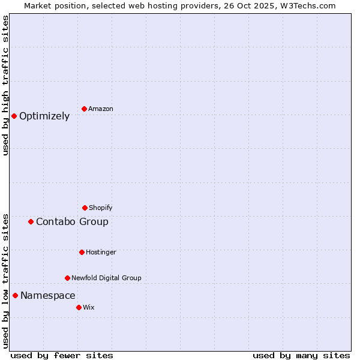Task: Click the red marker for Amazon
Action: pyautogui.click(x=84, y=109)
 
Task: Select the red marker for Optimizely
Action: pyautogui.click(x=14, y=116)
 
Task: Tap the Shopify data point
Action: pyautogui.click(x=85, y=208)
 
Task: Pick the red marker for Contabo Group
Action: pyautogui.click(x=31, y=221)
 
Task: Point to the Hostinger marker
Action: pyautogui.click(x=82, y=252)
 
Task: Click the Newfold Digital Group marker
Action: pyautogui.click(x=67, y=278)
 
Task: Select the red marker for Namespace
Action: pyautogui.click(x=15, y=295)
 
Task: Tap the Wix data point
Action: pyautogui.click(x=79, y=307)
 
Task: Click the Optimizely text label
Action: pyautogui.click(x=44, y=116)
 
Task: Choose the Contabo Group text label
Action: pyautogui.click(x=72, y=222)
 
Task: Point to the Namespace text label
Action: pyautogui.click(x=48, y=296)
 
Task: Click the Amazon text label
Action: pyautogui.click(x=101, y=109)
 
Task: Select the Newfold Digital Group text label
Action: pyautogui.click(x=106, y=278)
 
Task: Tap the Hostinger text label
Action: pyautogui.click(x=101, y=253)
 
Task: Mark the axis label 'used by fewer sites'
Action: pyautogui.click(x=62, y=355)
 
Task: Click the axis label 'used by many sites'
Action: pyautogui.click(x=301, y=355)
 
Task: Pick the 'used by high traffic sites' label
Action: pyautogui.click(x=6, y=85)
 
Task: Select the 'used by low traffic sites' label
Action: pyautogui.click(x=6, y=281)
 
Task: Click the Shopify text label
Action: pyautogui.click(x=100, y=208)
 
